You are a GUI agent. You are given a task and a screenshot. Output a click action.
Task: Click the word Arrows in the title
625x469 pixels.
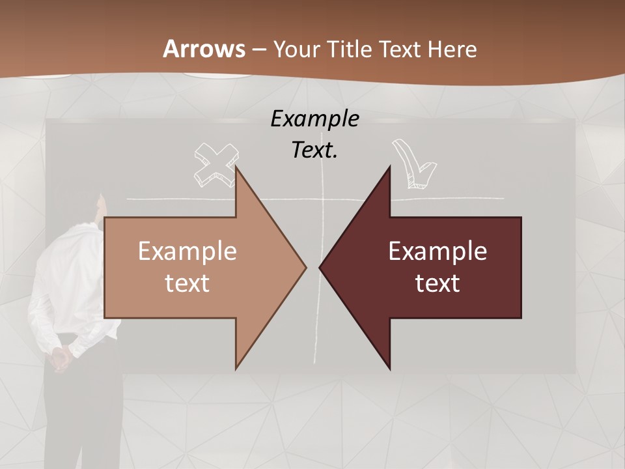coord(204,49)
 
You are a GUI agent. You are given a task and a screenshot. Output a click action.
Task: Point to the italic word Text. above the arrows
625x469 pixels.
coord(314,150)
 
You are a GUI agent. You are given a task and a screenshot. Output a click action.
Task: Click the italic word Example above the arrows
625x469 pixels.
coord(314,119)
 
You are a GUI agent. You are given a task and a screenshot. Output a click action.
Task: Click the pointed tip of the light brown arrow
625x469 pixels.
coord(305,267)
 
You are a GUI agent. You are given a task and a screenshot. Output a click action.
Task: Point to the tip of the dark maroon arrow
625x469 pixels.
coord(321,267)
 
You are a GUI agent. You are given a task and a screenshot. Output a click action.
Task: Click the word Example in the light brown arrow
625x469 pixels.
coord(187,251)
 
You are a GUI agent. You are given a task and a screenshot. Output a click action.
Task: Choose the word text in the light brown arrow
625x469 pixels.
coord(187,283)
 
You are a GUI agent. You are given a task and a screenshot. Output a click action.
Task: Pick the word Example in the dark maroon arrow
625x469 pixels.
coord(437,251)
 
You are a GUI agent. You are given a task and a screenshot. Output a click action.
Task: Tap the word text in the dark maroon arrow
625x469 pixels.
coord(437,283)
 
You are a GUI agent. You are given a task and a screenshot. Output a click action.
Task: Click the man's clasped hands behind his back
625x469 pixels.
coord(61,357)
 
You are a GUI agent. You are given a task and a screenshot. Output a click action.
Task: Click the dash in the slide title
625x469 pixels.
coord(259,50)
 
